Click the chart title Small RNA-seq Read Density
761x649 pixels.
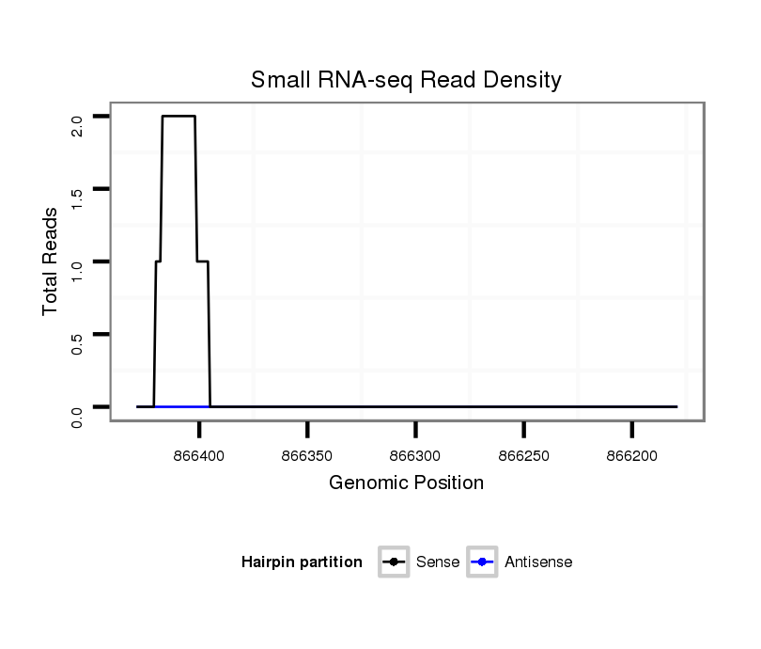click(406, 80)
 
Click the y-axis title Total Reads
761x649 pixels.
click(51, 261)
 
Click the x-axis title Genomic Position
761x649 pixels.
click(406, 483)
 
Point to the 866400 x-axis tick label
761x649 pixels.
click(199, 454)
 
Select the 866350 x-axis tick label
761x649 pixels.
click(307, 454)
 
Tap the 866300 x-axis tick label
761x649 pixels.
click(415, 454)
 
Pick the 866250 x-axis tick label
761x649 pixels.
click(523, 454)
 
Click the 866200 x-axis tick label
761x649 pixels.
click(631, 454)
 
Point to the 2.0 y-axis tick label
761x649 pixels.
click(77, 125)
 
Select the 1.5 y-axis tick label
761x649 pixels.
click(77, 198)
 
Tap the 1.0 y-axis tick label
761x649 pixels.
click(77, 270)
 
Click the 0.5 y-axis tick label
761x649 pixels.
click(77, 342)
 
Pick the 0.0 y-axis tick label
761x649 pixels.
click(77, 415)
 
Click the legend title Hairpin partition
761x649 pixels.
click(302, 562)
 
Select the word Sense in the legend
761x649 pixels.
click(437, 562)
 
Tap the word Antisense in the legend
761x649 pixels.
click(538, 562)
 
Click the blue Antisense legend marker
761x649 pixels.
click(481, 562)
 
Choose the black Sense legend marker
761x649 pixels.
click(394, 562)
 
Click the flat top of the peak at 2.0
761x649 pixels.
click(179, 117)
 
